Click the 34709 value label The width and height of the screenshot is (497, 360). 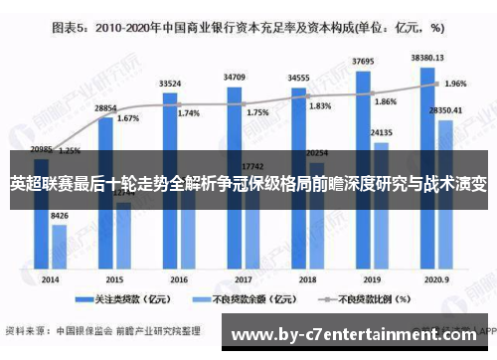pos(236,76)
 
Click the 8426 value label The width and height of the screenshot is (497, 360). pos(60,217)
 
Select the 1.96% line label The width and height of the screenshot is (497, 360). pos(455,84)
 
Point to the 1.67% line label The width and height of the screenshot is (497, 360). pos(128,118)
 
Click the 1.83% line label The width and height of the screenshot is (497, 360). pos(321,106)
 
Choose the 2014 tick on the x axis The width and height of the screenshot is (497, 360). pos(50,253)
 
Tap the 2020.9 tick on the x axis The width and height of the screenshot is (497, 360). pos(435,253)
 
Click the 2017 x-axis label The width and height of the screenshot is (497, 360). pos(243,253)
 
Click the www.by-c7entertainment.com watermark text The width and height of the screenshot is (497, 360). pos(358,335)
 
